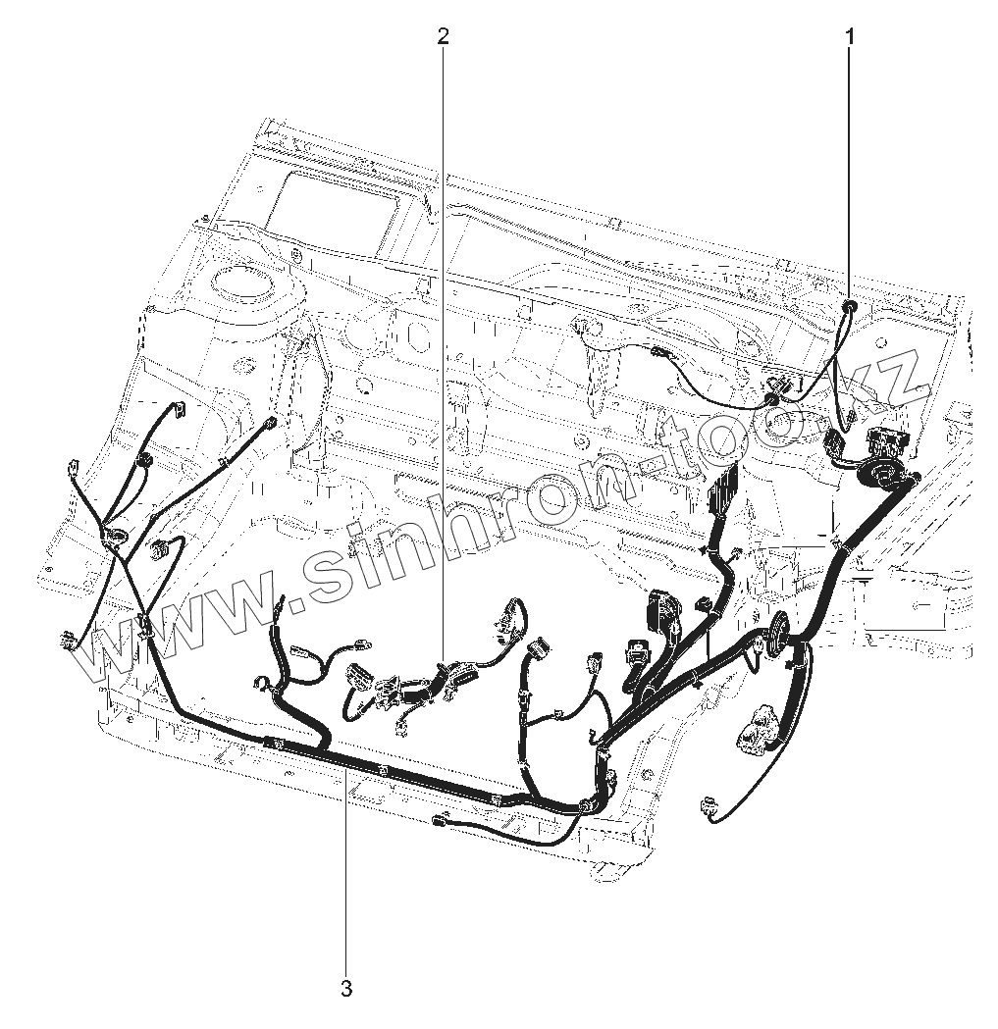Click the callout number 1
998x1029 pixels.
(850, 37)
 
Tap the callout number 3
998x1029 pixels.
(345, 988)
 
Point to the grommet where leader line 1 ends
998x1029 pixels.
(849, 308)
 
